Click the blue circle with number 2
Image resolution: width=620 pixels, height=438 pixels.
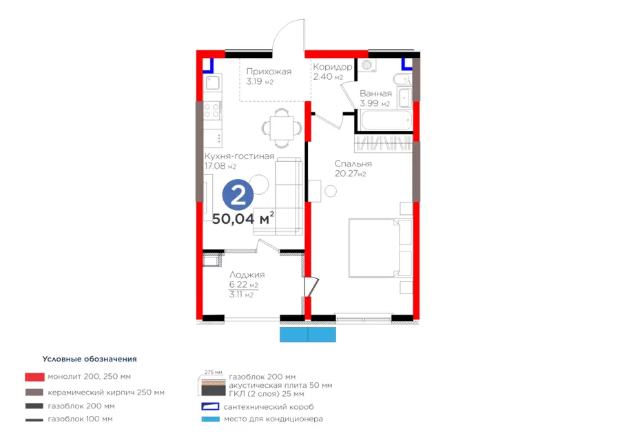[238, 194]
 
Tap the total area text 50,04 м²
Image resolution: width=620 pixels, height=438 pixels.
[243, 218]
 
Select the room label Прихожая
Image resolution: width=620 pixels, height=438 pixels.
[269, 72]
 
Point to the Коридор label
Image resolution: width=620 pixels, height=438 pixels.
[333, 67]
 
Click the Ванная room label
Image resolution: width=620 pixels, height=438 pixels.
[375, 94]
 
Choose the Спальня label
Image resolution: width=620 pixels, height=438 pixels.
[353, 164]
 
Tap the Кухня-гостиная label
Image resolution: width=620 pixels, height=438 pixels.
[239, 156]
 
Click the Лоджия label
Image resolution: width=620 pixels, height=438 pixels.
[247, 275]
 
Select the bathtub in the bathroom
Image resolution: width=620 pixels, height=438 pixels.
[386, 120]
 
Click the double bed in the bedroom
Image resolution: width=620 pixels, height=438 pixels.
[380, 248]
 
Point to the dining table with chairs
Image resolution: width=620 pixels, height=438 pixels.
[282, 128]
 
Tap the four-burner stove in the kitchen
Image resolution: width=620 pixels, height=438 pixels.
[212, 111]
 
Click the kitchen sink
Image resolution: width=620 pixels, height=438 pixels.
[213, 83]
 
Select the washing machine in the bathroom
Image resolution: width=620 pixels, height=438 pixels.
[367, 65]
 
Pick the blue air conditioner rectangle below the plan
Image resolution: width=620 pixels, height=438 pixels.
[308, 335]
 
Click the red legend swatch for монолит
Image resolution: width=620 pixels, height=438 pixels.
[34, 377]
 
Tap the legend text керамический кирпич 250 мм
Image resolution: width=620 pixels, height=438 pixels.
[106, 393]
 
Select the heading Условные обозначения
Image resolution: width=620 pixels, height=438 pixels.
[90, 359]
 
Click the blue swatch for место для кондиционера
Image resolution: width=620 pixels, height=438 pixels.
[210, 419]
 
